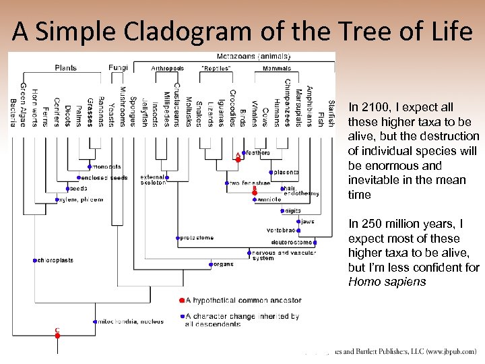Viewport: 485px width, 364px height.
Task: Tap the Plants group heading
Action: (x=65, y=67)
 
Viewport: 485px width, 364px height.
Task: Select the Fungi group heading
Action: (x=118, y=67)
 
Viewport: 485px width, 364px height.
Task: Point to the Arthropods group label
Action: (x=167, y=68)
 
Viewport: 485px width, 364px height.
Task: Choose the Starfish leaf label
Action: (x=330, y=111)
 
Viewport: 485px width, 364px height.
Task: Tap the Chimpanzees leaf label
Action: (x=286, y=102)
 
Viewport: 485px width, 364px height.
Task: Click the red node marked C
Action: (x=57, y=335)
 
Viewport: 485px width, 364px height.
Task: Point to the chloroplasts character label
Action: (x=56, y=260)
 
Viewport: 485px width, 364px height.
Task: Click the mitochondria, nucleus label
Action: (x=131, y=322)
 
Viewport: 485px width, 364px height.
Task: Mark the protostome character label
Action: (x=198, y=237)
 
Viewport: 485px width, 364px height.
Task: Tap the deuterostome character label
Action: (x=291, y=242)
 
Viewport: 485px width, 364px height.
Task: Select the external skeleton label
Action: (x=153, y=180)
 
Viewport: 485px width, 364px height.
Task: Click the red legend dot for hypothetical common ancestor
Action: (x=182, y=300)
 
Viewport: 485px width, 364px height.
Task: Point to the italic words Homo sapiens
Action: (x=387, y=282)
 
